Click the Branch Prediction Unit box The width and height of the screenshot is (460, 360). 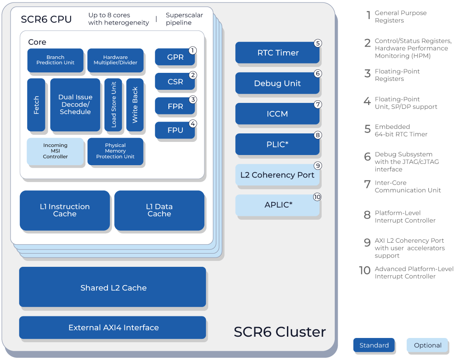(55, 60)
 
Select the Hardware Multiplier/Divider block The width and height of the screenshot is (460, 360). (115, 60)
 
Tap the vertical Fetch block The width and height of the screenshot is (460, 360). (36, 105)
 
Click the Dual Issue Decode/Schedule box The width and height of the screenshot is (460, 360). (75, 105)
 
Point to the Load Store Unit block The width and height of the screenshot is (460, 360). (113, 105)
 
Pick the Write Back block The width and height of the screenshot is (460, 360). (135, 105)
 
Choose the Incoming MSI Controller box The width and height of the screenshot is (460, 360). (55, 151)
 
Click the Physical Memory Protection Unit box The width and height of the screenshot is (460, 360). (115, 151)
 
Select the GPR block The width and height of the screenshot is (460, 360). (175, 57)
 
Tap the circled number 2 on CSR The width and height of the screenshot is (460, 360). (193, 75)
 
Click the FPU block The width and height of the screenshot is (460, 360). (175, 130)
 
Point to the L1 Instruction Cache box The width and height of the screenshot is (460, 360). (65, 210)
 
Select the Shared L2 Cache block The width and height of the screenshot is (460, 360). (113, 288)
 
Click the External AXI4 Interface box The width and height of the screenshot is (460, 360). (113, 327)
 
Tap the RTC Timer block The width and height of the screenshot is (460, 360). (278, 53)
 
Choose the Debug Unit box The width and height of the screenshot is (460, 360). (278, 83)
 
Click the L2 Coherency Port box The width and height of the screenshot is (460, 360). (278, 175)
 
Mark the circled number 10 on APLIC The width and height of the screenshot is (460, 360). (317, 197)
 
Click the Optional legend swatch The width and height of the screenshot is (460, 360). (427, 346)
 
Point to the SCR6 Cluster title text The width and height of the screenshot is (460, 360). (280, 332)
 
